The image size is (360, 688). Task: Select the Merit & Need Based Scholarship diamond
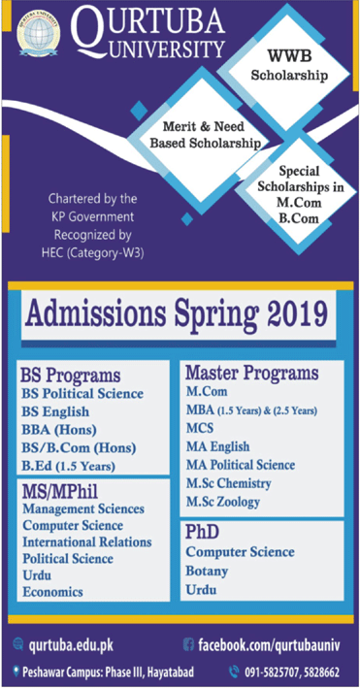(207, 134)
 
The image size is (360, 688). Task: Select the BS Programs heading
(71, 375)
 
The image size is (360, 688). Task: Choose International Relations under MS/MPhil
(86, 541)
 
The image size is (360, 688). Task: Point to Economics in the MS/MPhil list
(52, 591)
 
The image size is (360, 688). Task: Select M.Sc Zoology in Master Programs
(228, 501)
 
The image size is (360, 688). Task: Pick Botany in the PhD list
(207, 571)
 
